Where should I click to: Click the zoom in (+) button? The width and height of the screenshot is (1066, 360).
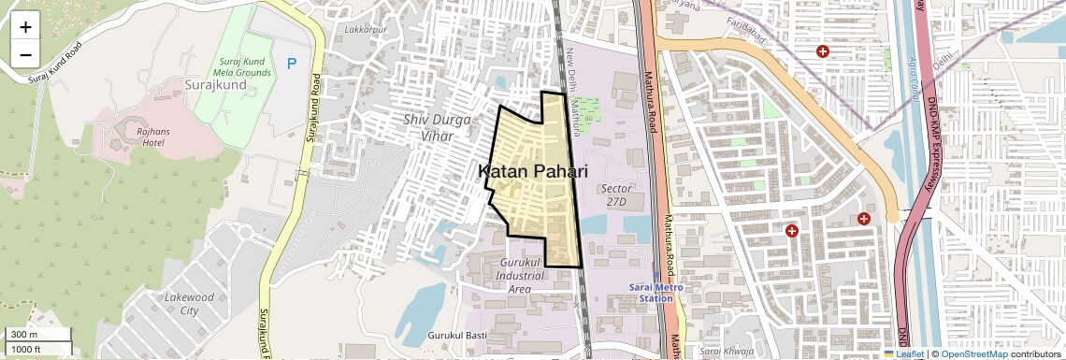(x=25, y=27)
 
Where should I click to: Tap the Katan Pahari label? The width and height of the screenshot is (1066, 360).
(x=533, y=171)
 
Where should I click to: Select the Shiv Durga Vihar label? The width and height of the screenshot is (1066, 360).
(x=428, y=127)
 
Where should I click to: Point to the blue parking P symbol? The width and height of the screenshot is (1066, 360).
(x=292, y=64)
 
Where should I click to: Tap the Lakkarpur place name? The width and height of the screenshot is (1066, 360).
(x=366, y=30)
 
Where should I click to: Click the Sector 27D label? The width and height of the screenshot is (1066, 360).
(x=616, y=194)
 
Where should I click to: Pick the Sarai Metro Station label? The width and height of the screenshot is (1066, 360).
(x=655, y=293)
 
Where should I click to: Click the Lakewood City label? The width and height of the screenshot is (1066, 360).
(x=189, y=304)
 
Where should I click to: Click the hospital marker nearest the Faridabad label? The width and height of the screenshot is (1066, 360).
(x=823, y=52)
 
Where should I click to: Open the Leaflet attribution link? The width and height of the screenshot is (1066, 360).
(x=904, y=353)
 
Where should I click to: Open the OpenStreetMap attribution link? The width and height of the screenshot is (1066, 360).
(x=974, y=353)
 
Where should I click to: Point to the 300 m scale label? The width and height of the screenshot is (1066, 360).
(x=23, y=335)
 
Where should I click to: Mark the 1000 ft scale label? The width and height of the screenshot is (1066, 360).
(x=27, y=349)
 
